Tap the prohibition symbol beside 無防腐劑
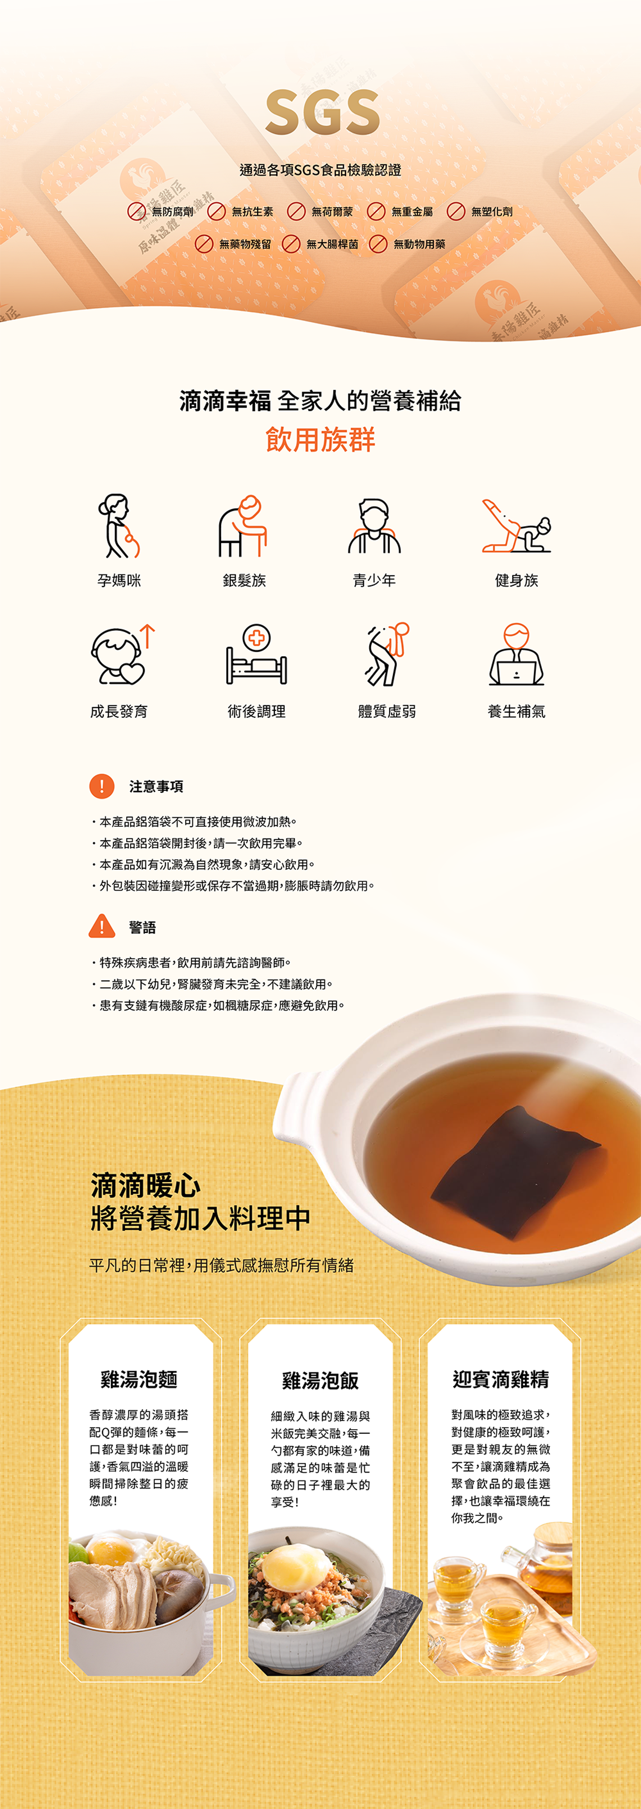[x=136, y=211]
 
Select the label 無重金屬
[x=412, y=211]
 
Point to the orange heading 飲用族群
[x=320, y=440]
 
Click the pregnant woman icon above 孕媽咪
[x=118, y=526]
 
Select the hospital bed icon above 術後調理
[x=256, y=654]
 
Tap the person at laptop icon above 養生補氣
[x=517, y=654]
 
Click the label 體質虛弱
[x=387, y=712]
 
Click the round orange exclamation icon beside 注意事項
[x=102, y=786]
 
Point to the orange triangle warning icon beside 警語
[x=102, y=926]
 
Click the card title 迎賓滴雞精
[x=500, y=1379]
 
